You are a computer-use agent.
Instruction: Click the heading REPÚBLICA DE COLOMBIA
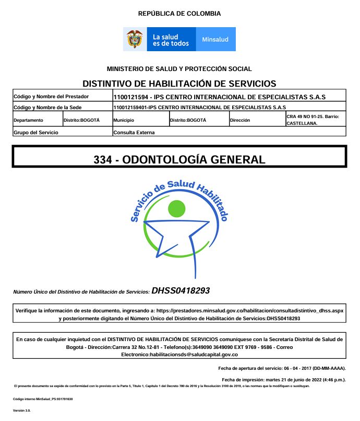[x=179, y=14]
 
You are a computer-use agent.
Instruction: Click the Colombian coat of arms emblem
[x=135, y=40]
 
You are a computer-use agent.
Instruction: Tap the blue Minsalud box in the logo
[x=215, y=40]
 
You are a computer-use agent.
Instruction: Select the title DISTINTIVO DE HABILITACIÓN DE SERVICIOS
[x=179, y=84]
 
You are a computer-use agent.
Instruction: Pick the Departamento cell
[x=29, y=120]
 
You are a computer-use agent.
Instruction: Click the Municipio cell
[x=124, y=120]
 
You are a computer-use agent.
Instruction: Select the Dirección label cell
[x=240, y=120]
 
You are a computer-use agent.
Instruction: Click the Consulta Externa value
[x=134, y=132]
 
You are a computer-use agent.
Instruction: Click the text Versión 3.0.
[x=22, y=411]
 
